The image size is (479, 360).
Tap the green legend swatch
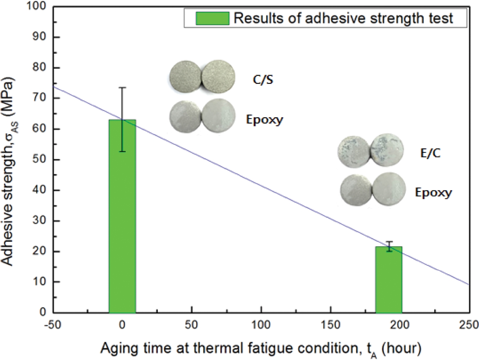coord(212,18)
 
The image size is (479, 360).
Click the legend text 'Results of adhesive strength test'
coord(343,18)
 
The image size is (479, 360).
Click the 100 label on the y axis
coord(37,7)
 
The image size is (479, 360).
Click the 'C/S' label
coord(263,80)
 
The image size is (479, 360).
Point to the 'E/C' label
coord(430,153)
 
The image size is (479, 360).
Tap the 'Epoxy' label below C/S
coord(264,119)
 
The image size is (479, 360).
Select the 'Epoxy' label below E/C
coord(433,192)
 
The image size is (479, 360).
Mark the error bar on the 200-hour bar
coord(389,246)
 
